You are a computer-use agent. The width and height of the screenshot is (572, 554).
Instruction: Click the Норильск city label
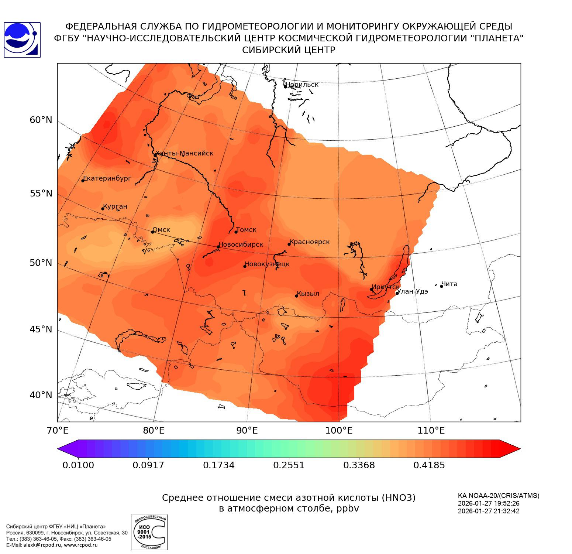[302, 85]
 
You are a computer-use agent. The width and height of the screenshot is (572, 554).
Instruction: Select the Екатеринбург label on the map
[107, 178]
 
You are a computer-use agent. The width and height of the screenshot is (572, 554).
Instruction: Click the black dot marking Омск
[152, 232]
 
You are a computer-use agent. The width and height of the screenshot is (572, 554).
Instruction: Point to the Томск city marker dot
[236, 232]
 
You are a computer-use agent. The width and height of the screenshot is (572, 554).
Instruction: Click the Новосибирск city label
[241, 244]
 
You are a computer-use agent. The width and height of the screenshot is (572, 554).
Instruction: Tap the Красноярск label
[310, 242]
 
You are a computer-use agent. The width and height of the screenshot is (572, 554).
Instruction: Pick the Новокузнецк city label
[268, 264]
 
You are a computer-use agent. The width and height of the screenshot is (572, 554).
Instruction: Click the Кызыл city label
[308, 294]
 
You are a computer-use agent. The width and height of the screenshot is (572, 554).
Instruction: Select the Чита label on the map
[449, 284]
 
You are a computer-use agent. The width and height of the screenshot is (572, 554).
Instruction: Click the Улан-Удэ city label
[413, 291]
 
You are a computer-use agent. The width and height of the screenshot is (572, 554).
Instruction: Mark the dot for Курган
[103, 209]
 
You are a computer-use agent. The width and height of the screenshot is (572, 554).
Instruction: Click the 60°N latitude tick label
[41, 120]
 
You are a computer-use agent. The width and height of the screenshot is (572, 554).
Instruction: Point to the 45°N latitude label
[41, 329]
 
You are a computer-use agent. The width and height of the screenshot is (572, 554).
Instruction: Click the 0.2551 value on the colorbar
[289, 465]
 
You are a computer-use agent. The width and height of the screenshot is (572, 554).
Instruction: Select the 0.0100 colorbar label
[78, 465]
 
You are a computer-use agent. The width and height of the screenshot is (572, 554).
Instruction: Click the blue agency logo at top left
[22, 40]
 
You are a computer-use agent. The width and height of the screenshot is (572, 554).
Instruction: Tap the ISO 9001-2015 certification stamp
[149, 532]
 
